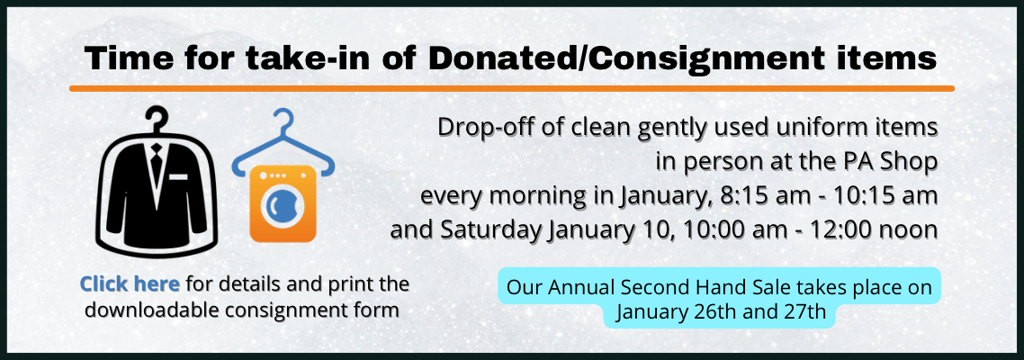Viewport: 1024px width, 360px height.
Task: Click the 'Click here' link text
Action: point(130,284)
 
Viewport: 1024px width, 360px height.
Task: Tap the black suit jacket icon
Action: point(158,190)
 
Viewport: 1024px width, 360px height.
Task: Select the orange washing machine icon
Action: point(283,203)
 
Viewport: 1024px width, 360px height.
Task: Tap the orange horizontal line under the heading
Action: point(511,88)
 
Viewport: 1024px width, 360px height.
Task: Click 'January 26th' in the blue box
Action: point(674,314)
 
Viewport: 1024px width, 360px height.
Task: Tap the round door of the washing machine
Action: point(283,206)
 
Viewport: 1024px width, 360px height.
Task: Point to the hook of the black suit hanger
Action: point(158,117)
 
